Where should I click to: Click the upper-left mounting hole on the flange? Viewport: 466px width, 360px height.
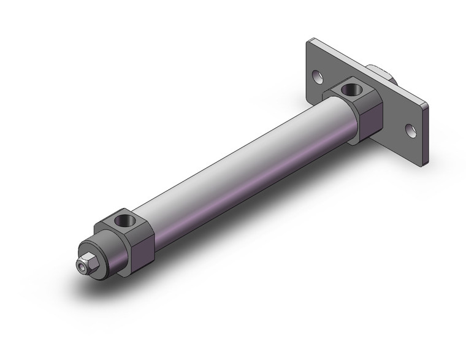(317, 77)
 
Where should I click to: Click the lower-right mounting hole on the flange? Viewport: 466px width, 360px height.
(410, 130)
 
